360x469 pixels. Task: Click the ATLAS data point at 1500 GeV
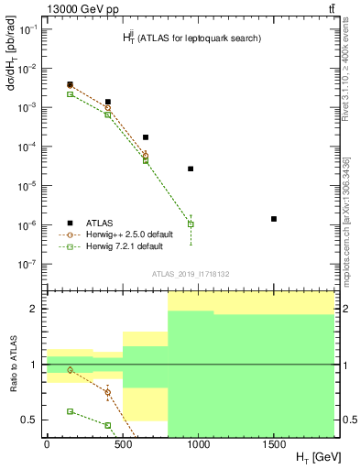[274, 219]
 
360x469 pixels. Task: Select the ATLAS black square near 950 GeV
[191, 169]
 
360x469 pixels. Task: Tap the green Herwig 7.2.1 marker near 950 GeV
[191, 224]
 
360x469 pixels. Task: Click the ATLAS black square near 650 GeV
[146, 137]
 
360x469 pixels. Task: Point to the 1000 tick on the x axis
[198, 444]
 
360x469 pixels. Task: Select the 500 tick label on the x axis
[122, 444]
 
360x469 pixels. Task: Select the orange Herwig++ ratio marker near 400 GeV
[108, 392]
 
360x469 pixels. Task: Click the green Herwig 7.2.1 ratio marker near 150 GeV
[70, 411]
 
